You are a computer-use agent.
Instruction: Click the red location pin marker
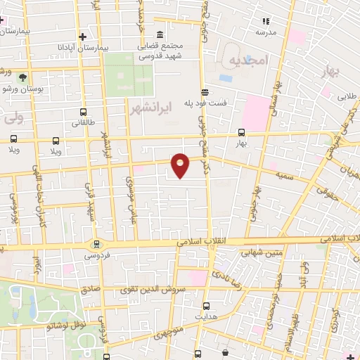tap(181, 165)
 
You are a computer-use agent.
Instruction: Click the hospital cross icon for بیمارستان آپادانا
tap(83, 36)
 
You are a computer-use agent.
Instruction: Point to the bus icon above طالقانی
tap(84, 112)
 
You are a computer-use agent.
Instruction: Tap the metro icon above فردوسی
tap(96, 245)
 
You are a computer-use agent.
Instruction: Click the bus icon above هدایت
tap(206, 307)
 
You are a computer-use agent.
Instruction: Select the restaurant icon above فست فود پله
tap(205, 92)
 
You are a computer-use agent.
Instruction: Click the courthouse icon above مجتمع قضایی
tap(160, 34)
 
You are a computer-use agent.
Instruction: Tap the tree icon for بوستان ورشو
tap(23, 77)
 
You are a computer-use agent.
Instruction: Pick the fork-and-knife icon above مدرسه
tap(265, 21)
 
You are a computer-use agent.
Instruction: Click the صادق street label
tap(91, 288)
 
